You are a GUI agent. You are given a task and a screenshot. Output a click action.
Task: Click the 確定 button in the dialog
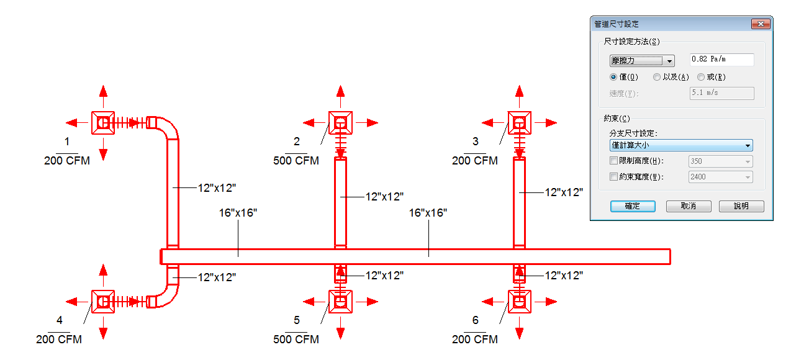click(x=633, y=206)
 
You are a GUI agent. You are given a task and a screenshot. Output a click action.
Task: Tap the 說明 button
click(x=741, y=206)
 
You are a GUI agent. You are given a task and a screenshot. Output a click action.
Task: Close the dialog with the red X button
click(x=761, y=24)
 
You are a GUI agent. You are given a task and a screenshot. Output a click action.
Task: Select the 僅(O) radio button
click(x=613, y=77)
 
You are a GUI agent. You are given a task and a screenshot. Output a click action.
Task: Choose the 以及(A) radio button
click(x=656, y=77)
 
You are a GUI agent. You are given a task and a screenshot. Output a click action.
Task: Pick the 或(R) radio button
click(x=701, y=77)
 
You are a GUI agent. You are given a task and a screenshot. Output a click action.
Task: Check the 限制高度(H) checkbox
click(x=613, y=161)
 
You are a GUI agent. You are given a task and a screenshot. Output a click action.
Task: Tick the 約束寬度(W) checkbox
click(x=613, y=176)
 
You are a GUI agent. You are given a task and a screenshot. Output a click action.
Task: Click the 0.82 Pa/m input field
click(x=722, y=60)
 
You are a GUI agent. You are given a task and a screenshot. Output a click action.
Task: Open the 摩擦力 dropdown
click(x=642, y=61)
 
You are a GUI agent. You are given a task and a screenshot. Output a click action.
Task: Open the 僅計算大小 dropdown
click(x=681, y=145)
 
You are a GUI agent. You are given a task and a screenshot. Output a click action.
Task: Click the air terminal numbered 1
click(x=103, y=123)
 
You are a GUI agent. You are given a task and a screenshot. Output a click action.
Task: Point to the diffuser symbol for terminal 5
click(x=340, y=302)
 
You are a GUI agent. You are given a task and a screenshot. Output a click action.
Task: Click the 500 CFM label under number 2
click(x=296, y=161)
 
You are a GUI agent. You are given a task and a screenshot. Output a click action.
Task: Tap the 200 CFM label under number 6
click(x=475, y=339)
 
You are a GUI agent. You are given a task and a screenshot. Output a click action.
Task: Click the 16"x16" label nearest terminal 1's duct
click(x=238, y=213)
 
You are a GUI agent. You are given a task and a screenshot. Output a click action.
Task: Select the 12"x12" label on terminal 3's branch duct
click(x=564, y=192)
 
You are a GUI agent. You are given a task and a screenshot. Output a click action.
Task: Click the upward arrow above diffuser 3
click(x=519, y=96)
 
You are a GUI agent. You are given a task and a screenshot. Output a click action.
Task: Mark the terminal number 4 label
click(x=60, y=320)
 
